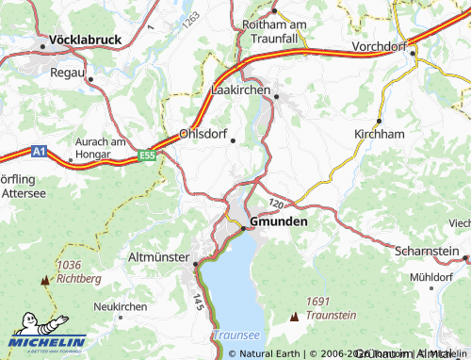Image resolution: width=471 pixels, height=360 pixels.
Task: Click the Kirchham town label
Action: [x=379, y=135]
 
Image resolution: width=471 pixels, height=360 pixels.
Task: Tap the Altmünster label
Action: [x=159, y=255]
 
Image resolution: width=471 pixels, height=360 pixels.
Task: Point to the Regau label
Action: [x=67, y=73]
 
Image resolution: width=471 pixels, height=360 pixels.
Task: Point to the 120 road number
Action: [x=275, y=203]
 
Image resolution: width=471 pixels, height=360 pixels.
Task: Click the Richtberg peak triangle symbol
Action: [x=43, y=281]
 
